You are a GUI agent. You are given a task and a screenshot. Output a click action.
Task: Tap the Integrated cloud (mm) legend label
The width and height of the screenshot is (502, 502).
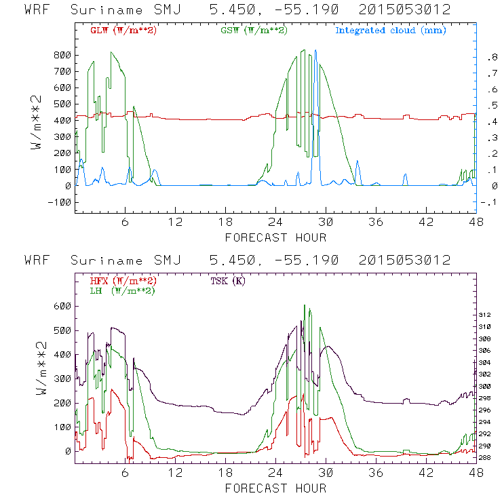pos(391,31)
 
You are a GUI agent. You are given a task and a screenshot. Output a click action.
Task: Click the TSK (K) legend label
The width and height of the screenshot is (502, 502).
pos(229,281)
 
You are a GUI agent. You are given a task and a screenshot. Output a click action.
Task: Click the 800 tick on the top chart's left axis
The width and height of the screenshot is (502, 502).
pos(62,55)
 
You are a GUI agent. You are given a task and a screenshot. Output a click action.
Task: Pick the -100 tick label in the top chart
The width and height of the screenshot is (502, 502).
pos(60,202)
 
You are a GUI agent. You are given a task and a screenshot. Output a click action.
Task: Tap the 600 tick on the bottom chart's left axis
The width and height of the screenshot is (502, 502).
pos(62,306)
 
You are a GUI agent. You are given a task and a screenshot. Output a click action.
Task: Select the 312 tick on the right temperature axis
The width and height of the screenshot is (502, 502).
pos(485,315)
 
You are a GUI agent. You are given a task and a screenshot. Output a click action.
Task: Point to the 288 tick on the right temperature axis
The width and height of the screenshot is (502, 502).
pos(485,457)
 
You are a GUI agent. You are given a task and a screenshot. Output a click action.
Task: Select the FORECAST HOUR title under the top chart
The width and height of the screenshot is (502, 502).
pos(275,237)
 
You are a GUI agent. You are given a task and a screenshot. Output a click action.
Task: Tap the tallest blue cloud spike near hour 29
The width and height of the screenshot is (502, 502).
pos(315,52)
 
